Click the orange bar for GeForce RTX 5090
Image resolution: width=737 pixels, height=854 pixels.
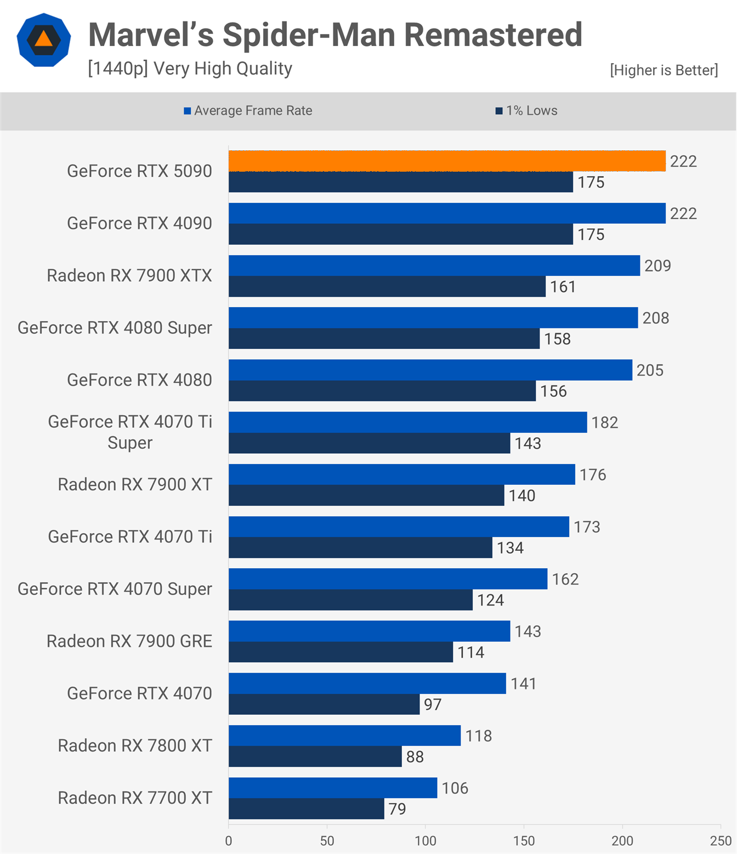coord(447,161)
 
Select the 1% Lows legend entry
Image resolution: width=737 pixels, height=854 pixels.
coord(526,111)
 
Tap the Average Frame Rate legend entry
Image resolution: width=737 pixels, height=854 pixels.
coord(248,111)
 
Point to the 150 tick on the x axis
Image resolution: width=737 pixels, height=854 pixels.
coord(524,841)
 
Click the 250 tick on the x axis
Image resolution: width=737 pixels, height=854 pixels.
coord(721,841)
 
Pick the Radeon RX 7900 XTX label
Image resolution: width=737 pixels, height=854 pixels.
coord(129,275)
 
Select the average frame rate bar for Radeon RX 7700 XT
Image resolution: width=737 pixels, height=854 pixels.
coord(333,788)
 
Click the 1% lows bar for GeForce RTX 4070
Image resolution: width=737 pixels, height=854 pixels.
coord(324,704)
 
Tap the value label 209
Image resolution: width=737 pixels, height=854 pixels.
coord(657,266)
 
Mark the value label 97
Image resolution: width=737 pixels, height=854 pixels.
coord(433,705)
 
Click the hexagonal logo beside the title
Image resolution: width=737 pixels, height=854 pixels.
coord(44,40)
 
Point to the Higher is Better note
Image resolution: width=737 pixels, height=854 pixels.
coord(664,70)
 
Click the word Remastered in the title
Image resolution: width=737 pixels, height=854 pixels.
coord(493,35)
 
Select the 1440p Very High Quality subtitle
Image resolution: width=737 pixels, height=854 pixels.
coord(190,69)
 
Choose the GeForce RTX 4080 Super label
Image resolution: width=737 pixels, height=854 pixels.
coord(115,328)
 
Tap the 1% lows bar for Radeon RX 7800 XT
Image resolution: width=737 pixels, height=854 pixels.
coord(315,756)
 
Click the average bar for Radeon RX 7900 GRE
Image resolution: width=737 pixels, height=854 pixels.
coord(369,631)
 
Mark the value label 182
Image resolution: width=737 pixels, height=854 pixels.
coord(604,422)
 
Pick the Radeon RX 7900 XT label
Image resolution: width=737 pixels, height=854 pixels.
coord(135,484)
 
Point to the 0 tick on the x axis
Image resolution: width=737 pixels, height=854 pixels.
coord(229,841)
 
